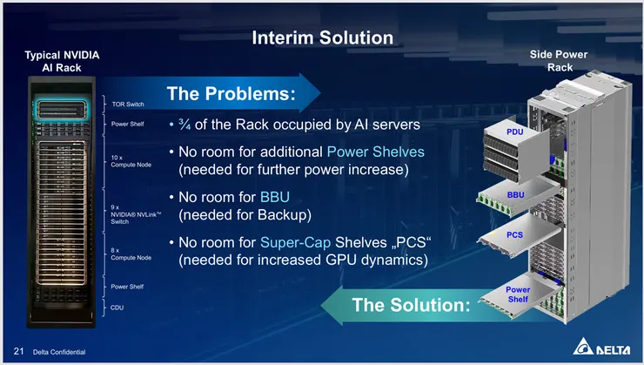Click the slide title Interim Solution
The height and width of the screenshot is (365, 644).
(322, 37)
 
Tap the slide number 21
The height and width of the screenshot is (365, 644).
(18, 352)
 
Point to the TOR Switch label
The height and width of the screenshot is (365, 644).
(127, 104)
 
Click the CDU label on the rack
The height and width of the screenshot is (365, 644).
(118, 307)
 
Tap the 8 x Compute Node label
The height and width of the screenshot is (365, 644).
(131, 253)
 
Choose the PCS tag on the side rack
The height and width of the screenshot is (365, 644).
(514, 235)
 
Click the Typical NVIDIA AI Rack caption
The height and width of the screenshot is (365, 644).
(64, 61)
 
